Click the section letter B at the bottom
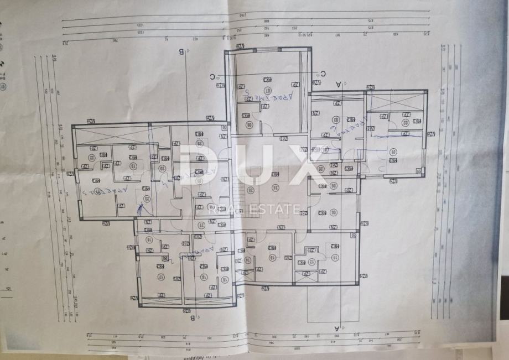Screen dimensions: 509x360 [193, 318]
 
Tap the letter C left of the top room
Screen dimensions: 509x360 [212, 77]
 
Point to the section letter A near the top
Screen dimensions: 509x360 [338, 83]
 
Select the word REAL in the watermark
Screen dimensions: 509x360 [220, 210]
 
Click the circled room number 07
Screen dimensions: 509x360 [268, 90]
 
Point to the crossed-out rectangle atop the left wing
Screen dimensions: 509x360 [111, 134]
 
